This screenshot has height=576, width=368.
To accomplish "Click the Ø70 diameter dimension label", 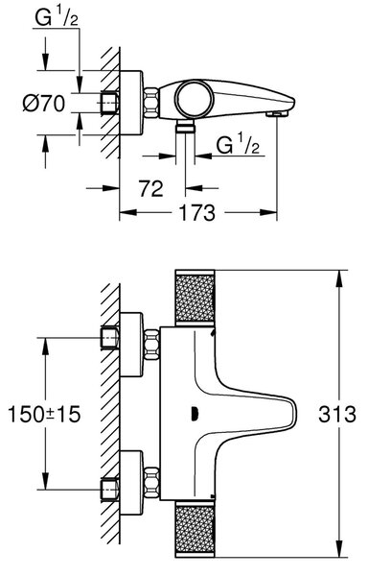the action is [44, 104].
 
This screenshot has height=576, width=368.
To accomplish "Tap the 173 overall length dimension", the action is [196, 213].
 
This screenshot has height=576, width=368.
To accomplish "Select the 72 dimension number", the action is [151, 189].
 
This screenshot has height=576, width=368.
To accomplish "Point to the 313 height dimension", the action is [336, 414].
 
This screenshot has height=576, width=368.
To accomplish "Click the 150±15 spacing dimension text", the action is [44, 414].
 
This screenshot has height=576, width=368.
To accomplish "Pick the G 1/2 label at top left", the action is [57, 17].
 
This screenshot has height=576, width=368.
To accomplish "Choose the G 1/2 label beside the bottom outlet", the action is [238, 144].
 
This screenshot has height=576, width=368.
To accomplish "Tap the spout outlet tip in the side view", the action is [278, 114].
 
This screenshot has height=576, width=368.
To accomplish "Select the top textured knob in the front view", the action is [195, 298].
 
